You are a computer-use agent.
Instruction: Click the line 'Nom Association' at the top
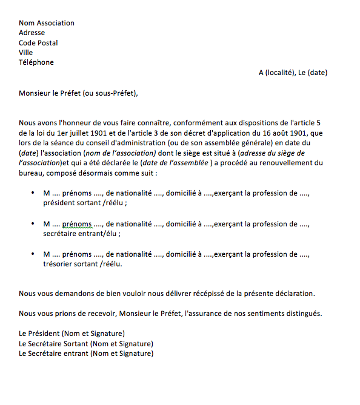click(x=47, y=23)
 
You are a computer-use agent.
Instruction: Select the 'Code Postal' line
click(x=38, y=43)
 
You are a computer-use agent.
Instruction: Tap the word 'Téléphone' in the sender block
click(x=36, y=62)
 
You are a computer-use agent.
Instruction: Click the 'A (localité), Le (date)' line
click(x=293, y=73)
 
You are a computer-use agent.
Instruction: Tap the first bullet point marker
click(x=32, y=193)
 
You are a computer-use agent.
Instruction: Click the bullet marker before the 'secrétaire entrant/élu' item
click(x=32, y=224)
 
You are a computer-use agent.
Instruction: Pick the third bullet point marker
click(x=32, y=254)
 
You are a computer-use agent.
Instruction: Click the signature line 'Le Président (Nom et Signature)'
click(x=72, y=334)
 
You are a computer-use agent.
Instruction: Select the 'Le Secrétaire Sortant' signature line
click(x=85, y=343)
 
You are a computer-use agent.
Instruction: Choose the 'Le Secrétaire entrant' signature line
click(x=85, y=353)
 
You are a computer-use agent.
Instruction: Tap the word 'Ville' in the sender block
click(x=25, y=53)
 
